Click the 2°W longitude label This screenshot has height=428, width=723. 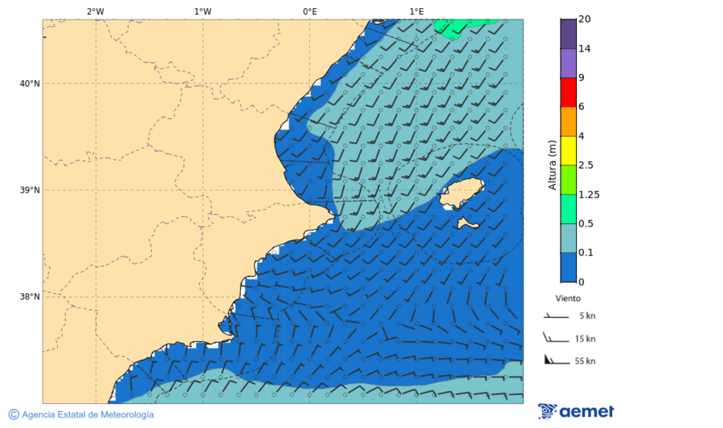[x=96, y=11]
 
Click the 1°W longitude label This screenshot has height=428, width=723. [x=202, y=11]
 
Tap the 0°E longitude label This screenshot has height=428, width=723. [x=309, y=11]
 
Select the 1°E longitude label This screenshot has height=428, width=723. [x=416, y=11]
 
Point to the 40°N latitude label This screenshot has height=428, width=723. [x=29, y=84]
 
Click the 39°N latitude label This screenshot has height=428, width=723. [x=29, y=190]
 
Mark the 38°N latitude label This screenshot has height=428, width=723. [x=29, y=297]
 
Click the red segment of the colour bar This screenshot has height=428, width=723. [x=568, y=92]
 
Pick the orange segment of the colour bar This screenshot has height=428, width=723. [x=568, y=121]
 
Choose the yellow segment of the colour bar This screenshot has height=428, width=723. [x=568, y=150]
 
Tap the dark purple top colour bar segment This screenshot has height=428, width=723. [x=568, y=34]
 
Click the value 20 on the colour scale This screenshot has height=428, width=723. [x=585, y=19]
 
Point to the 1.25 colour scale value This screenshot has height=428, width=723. [x=589, y=194]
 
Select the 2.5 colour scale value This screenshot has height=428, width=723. [x=586, y=165]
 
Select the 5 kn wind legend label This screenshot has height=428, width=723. [x=586, y=316]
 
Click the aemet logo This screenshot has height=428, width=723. [x=576, y=411]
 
